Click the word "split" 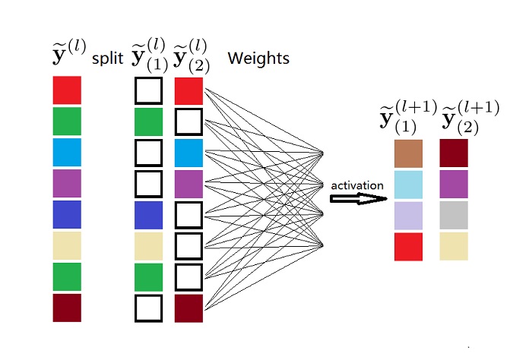tap(106, 58)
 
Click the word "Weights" tap(258, 58)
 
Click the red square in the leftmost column tap(67, 90)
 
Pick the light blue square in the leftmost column tap(67, 153)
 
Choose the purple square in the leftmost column tap(67, 184)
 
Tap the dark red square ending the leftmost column tap(67, 308)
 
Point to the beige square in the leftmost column tap(67, 246)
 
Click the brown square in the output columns tap(408, 153)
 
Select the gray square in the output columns tap(454, 215)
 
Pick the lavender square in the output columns tap(408, 215)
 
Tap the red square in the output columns tap(408, 246)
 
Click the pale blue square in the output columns tap(408, 184)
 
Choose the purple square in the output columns tap(454, 184)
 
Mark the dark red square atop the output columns tap(454, 153)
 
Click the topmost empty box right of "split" tap(148, 91)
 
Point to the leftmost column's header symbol tap(68, 55)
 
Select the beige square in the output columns tap(454, 246)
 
